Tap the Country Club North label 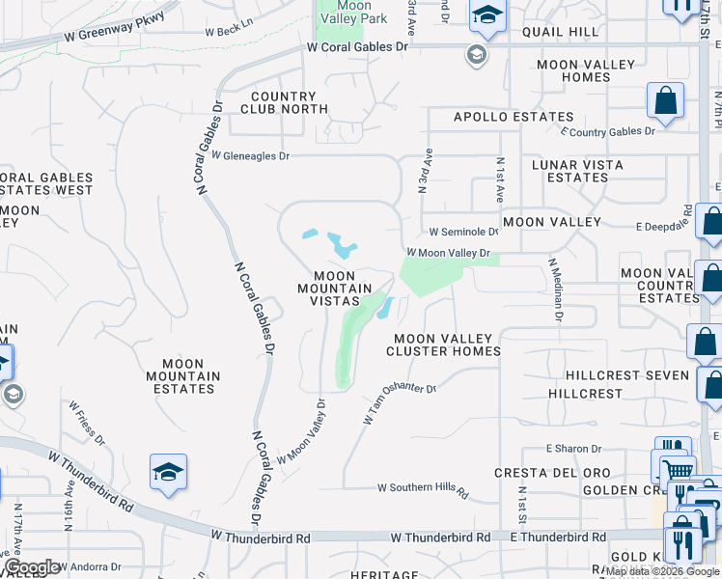(x=283, y=102)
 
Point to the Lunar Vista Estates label (x=577, y=171)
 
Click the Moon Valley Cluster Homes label (x=443, y=345)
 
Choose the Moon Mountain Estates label (x=183, y=375)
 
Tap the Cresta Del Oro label (x=538, y=473)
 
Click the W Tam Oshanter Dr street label (x=400, y=402)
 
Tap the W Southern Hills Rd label (x=422, y=489)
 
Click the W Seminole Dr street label (x=463, y=232)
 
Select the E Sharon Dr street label (x=573, y=449)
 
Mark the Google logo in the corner (x=33, y=567)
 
